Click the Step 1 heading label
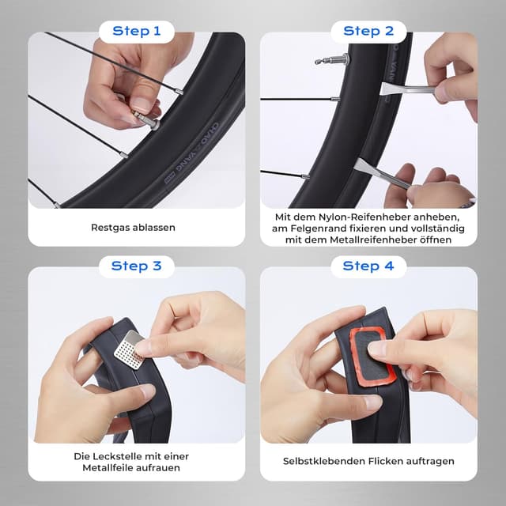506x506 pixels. tap(137, 32)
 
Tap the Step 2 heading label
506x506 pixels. tap(368, 32)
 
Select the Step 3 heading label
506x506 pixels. tap(136, 266)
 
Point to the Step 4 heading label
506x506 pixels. tap(368, 266)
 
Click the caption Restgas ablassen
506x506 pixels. tap(133, 228)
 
